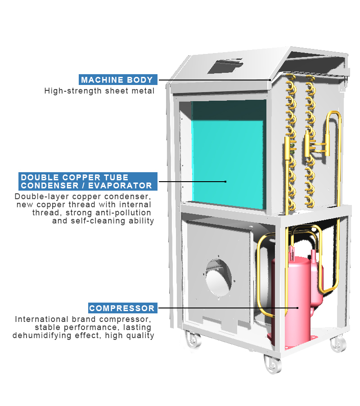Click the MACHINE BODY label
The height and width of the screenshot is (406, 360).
tap(118, 80)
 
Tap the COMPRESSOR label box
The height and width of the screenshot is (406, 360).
tap(122, 308)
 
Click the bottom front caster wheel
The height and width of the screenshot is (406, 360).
tap(273, 363)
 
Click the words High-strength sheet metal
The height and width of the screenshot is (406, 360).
tap(99, 91)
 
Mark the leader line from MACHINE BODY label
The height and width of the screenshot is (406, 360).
tap(214, 80)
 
